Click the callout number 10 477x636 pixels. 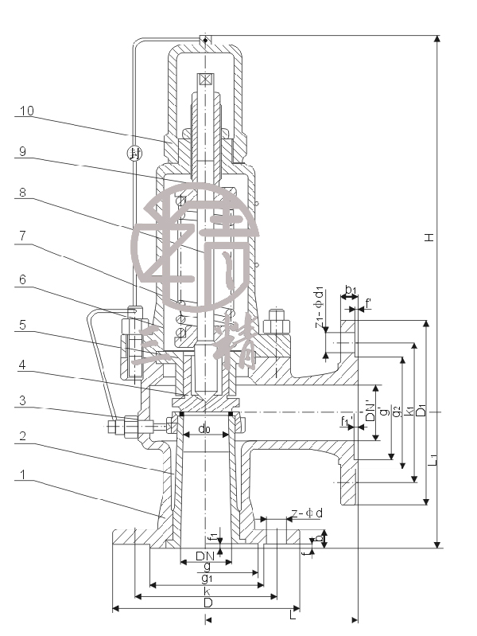pos(26,111)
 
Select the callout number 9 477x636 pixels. pos(24,151)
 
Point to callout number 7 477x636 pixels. pos(24,236)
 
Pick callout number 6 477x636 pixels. pos(24,279)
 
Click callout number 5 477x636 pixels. pos(24,325)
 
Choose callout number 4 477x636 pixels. pos(24,365)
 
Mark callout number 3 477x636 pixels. pos(24,402)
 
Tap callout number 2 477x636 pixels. pos(24,437)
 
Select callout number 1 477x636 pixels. pos(24,474)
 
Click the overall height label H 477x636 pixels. pos(429,237)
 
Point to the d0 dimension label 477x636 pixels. pos(204,429)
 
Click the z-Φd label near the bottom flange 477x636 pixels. pos(306,513)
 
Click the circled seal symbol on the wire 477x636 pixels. pos(135,153)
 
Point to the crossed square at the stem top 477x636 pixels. pos(206,79)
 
